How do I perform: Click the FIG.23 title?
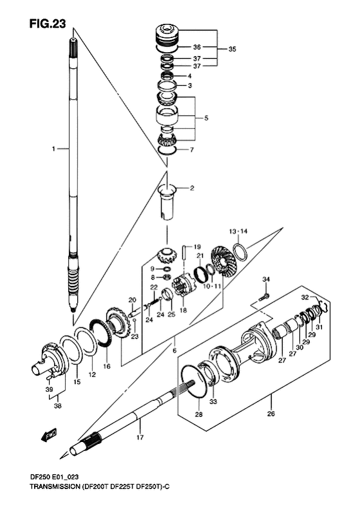(x=48, y=24)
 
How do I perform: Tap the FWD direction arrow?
(x=50, y=435)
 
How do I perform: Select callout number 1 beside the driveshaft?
(x=53, y=149)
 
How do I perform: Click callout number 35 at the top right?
(x=232, y=50)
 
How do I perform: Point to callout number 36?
(x=197, y=48)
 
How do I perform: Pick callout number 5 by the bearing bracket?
(x=206, y=118)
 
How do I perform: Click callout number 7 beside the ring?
(x=192, y=150)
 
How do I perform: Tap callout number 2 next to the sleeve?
(x=192, y=188)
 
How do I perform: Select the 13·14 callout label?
(x=238, y=231)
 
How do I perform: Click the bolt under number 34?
(x=263, y=296)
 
